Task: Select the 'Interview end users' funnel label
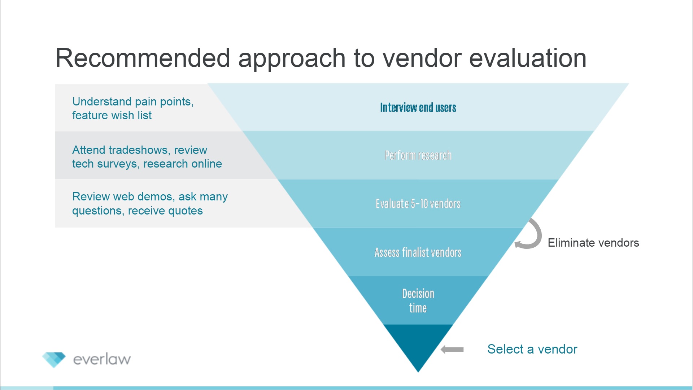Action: pos(418,108)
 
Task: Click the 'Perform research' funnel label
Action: pos(418,156)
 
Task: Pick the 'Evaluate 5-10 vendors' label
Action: pos(418,204)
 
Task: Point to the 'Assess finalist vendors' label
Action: pos(418,252)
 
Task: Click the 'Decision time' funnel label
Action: pos(418,300)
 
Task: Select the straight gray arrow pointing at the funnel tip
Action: pos(452,349)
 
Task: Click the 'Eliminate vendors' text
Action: pos(593,243)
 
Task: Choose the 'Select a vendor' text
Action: pos(532,349)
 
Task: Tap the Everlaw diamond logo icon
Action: pos(54,359)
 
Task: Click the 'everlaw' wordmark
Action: pos(102,359)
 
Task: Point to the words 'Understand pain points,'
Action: pos(133,102)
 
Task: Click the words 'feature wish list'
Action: pos(112,116)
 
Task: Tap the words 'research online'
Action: pos(183,164)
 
